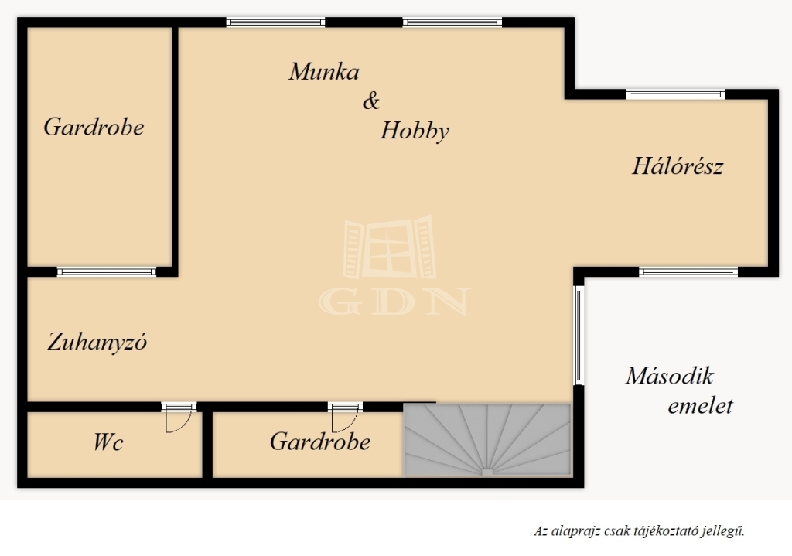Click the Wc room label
[108, 442]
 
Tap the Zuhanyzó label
[97, 342]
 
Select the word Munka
[324, 71]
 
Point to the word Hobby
[415, 131]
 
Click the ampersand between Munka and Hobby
[370, 101]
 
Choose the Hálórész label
[678, 166]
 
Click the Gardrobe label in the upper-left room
[94, 127]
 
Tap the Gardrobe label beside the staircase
[319, 442]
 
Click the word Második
[669, 377]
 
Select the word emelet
[700, 405]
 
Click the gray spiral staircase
[487, 440]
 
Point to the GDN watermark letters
[394, 302]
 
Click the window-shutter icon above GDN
[390, 247]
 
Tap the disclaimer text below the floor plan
[640, 530]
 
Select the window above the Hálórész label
[675, 94]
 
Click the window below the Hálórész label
[688, 272]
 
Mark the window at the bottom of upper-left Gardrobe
[107, 272]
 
